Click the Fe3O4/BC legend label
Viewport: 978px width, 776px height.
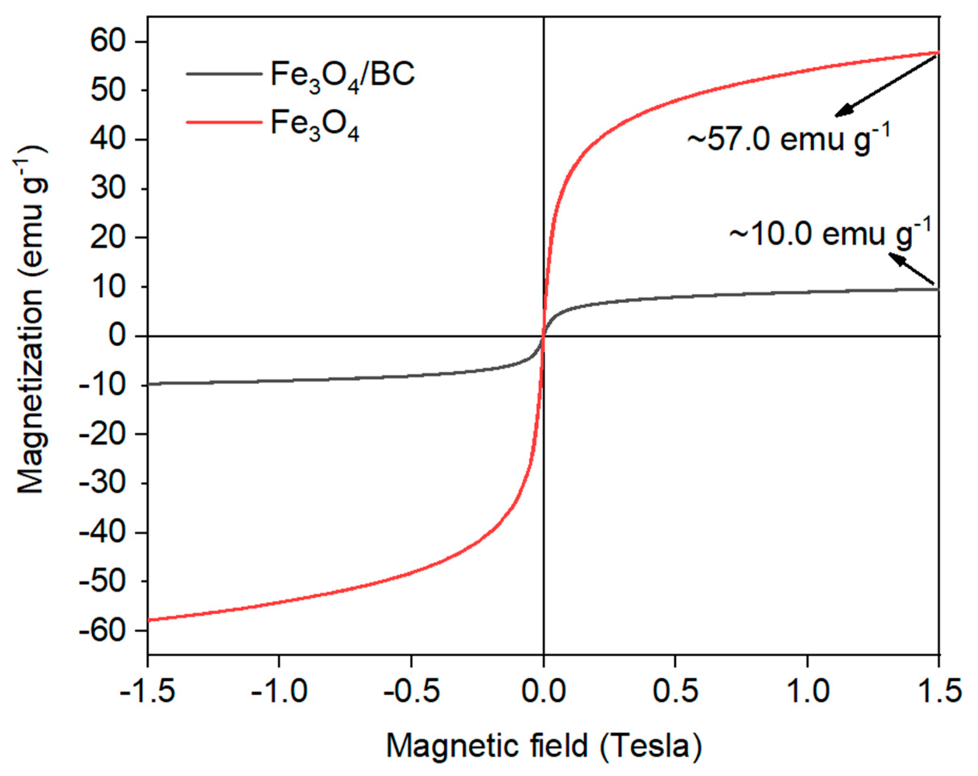tap(342, 75)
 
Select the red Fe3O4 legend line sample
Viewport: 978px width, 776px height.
tap(224, 122)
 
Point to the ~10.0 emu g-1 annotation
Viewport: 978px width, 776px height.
tap(830, 235)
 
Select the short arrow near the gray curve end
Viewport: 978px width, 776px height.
tap(912, 268)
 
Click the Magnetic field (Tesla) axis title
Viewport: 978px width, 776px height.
tap(544, 746)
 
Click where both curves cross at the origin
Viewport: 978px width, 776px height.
tap(544, 336)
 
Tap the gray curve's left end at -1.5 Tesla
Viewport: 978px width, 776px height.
tap(149, 384)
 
